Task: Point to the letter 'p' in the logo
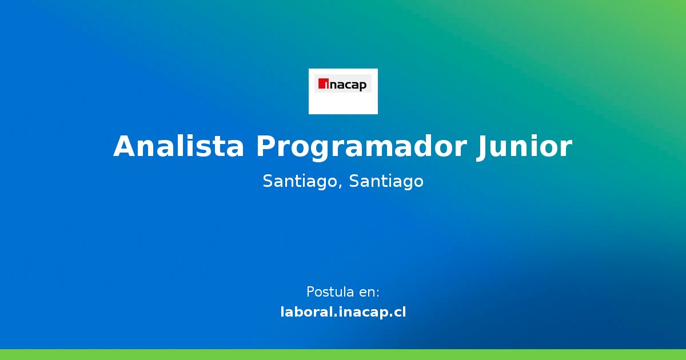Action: click(x=363, y=86)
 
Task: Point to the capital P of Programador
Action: click(x=266, y=146)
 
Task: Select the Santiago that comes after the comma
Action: click(x=386, y=182)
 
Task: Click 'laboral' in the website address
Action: click(x=306, y=312)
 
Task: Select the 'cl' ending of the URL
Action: click(x=400, y=312)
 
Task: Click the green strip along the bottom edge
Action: click(x=343, y=354)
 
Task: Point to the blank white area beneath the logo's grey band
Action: click(x=343, y=103)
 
